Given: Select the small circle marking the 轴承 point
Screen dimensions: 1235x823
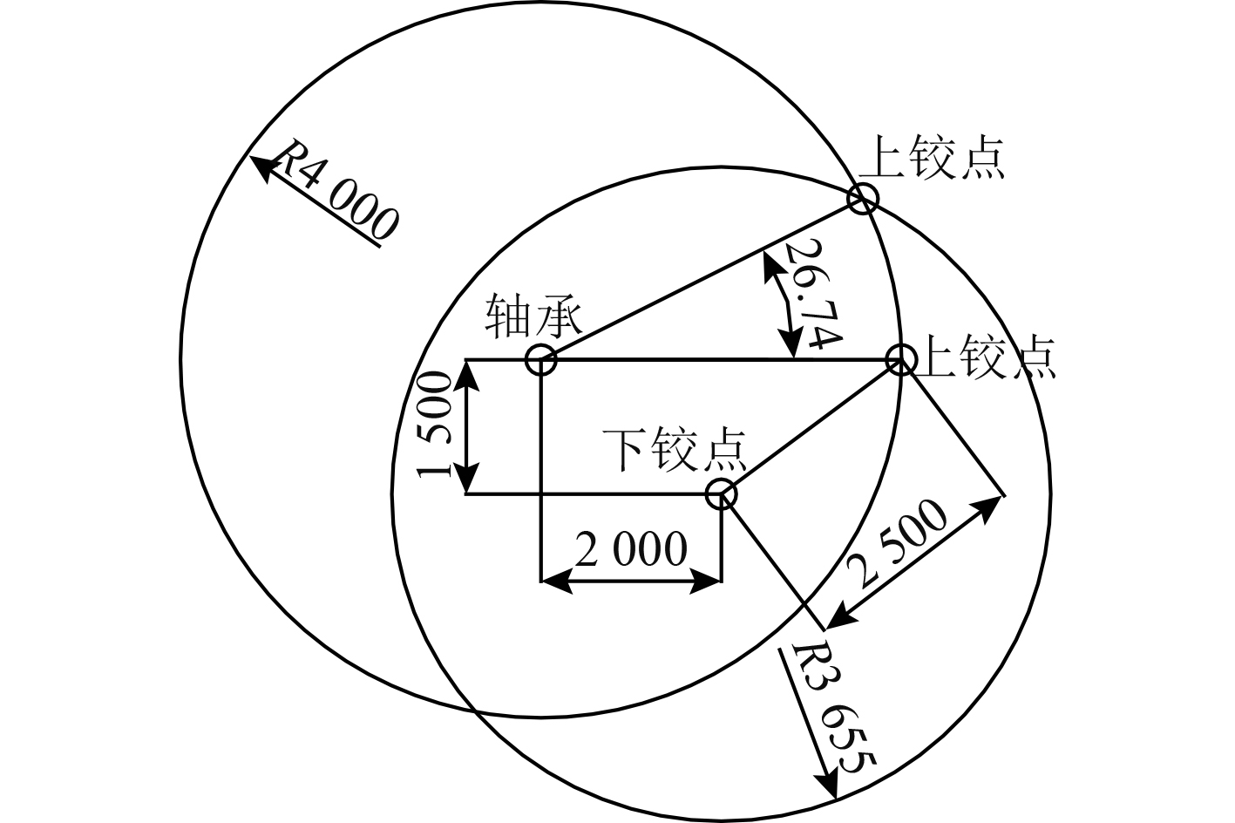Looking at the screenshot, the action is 541,359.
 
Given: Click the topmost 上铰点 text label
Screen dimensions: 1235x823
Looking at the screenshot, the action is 932,158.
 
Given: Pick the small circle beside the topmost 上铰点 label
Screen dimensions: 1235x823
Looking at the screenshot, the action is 863,200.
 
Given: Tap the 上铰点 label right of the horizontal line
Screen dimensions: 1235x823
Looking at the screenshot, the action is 985,357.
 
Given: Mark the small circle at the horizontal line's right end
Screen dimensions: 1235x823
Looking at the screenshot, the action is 900,359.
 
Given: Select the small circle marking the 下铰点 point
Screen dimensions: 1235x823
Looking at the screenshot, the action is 722,494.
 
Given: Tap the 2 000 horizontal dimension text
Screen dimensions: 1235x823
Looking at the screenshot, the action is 631,551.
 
